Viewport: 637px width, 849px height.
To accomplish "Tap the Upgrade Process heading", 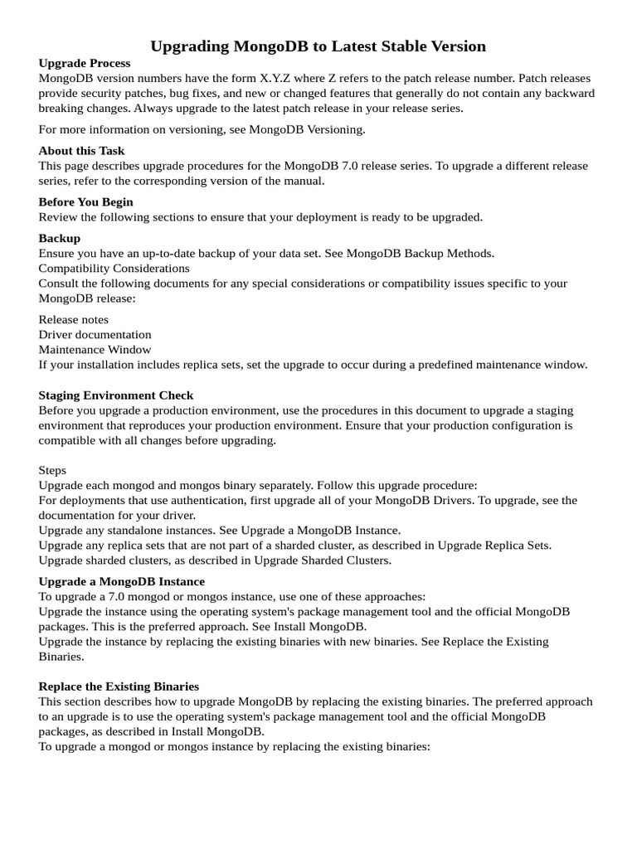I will (x=84, y=63).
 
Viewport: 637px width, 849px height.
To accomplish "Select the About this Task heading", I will (x=81, y=151).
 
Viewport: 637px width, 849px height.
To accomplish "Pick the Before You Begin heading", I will (x=85, y=202).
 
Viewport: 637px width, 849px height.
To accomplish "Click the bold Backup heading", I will (x=59, y=239).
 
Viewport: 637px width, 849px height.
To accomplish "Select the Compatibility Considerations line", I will (x=114, y=269).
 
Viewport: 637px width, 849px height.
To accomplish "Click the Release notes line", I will (x=73, y=320).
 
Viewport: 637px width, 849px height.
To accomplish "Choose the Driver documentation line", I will (x=95, y=335).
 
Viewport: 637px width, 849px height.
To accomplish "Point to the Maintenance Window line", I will (x=95, y=350).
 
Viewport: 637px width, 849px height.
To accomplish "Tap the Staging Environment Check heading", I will (x=115, y=395).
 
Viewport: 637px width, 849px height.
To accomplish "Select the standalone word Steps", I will (x=52, y=471).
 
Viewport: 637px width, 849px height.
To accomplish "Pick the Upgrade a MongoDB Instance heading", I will (x=121, y=582).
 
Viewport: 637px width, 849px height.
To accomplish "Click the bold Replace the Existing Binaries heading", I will (x=119, y=686).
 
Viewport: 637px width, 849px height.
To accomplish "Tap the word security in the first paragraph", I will (x=113, y=93).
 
